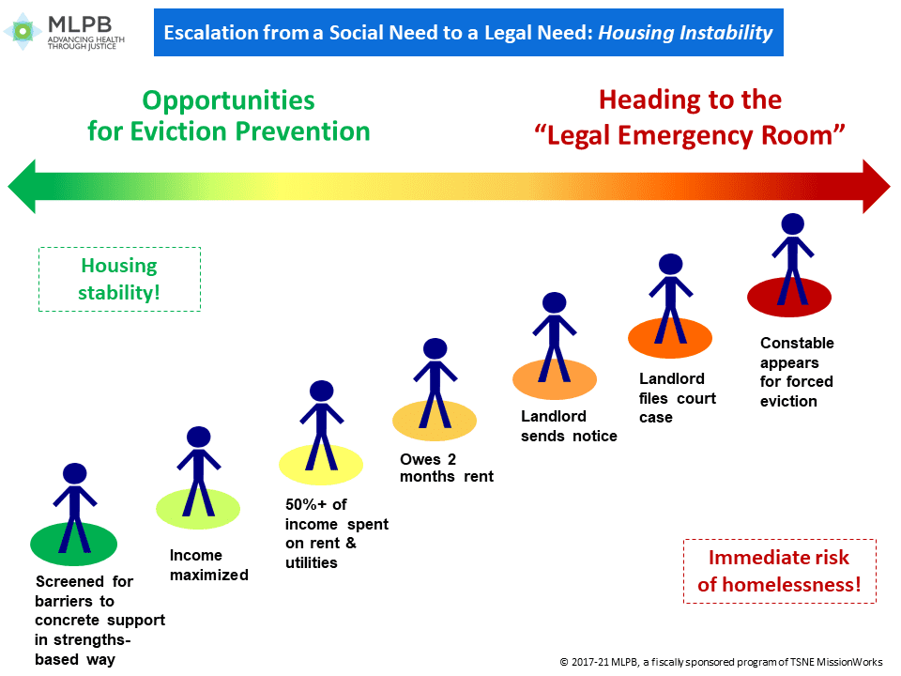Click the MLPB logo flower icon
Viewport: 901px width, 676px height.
23,31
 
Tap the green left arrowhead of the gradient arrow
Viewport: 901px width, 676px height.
22,186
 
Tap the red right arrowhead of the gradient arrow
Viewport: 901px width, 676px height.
877,186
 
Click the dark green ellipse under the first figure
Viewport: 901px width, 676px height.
73,544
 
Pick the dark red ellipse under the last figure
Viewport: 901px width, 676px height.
789,298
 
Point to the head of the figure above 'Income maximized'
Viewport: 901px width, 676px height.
199,437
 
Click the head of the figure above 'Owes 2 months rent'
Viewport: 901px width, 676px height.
435,349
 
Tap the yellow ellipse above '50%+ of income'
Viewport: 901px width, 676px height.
321,465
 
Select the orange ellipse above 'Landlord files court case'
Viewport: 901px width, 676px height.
670,338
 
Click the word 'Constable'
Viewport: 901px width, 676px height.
797,344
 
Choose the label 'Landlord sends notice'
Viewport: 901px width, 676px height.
569,426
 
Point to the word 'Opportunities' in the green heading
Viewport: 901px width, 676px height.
229,101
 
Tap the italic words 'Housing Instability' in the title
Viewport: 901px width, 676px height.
685,33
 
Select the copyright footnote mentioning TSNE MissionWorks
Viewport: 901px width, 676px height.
721,662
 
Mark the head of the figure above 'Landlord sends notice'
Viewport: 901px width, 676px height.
555,303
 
